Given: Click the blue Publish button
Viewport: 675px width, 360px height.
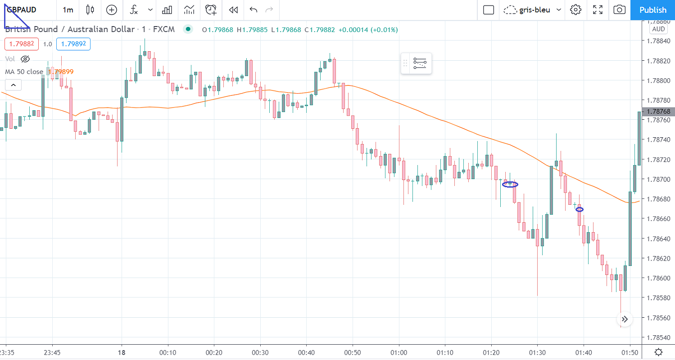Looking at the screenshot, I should click(652, 10).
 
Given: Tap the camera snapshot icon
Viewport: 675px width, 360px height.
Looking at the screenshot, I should click(620, 10).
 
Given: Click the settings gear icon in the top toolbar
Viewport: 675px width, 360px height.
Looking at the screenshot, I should click(575, 10).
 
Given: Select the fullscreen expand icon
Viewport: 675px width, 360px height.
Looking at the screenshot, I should click(598, 10).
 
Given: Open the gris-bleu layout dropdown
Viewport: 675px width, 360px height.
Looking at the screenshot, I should click(533, 10).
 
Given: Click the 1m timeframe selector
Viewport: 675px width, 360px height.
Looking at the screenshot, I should click(68, 10).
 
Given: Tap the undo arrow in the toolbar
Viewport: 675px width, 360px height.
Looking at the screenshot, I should click(254, 10).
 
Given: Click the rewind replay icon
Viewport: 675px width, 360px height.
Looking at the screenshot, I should click(233, 10).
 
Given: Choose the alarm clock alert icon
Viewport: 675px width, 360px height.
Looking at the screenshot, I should click(210, 10).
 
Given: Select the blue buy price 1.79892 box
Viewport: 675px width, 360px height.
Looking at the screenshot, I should click(73, 44).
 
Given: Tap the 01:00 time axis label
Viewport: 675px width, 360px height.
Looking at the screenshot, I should click(399, 352).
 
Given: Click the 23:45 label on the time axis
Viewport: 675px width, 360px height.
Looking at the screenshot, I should click(52, 352).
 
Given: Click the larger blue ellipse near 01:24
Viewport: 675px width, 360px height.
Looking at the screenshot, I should click(510, 184).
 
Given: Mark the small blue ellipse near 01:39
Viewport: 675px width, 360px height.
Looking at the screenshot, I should click(580, 209).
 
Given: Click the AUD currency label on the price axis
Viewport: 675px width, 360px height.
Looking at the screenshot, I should click(658, 29).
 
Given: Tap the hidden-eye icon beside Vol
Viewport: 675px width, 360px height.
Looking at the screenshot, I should click(25, 59).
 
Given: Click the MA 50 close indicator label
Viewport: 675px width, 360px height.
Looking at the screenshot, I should click(24, 72).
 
